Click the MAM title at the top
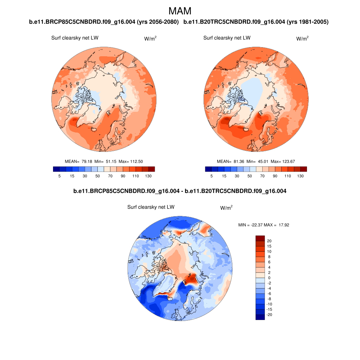click(180, 11)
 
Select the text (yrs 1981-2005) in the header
click(308, 22)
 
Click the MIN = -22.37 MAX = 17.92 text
click(264, 225)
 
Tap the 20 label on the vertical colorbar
click(269, 241)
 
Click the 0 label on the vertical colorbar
click(269, 278)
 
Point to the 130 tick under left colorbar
click(148, 176)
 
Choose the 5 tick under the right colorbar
click(212, 176)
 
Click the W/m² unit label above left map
click(150, 38)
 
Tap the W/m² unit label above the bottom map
click(226, 208)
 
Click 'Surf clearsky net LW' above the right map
click(227, 38)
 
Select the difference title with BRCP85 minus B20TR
click(180, 191)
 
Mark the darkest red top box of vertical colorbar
click(260, 238)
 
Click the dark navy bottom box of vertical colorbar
click(260, 317)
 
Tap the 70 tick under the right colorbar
click(262, 176)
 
